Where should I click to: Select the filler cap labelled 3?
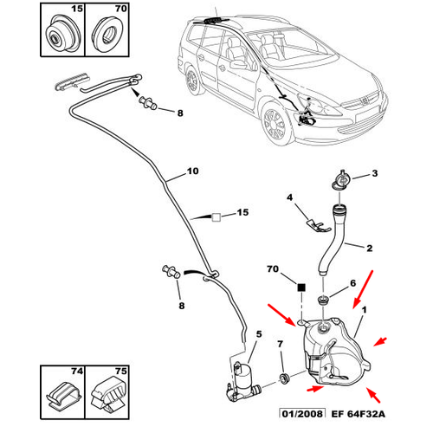(x=341, y=180)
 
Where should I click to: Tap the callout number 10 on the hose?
(x=193, y=171)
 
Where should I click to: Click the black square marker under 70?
(x=301, y=288)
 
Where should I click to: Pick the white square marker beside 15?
(x=216, y=217)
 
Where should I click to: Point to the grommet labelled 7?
(x=284, y=378)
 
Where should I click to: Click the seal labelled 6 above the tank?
(x=322, y=300)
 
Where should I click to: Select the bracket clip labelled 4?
(x=317, y=226)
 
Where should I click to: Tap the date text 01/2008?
(x=302, y=414)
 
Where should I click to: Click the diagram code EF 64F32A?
(x=358, y=414)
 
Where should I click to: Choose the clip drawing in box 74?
(x=64, y=396)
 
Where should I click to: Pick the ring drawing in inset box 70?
(x=107, y=35)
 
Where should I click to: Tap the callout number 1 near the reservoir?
(x=364, y=310)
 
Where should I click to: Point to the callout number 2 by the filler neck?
(x=369, y=248)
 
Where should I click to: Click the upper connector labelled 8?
(x=148, y=103)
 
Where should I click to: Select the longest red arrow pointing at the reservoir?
(x=363, y=289)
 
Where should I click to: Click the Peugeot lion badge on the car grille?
(x=365, y=100)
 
